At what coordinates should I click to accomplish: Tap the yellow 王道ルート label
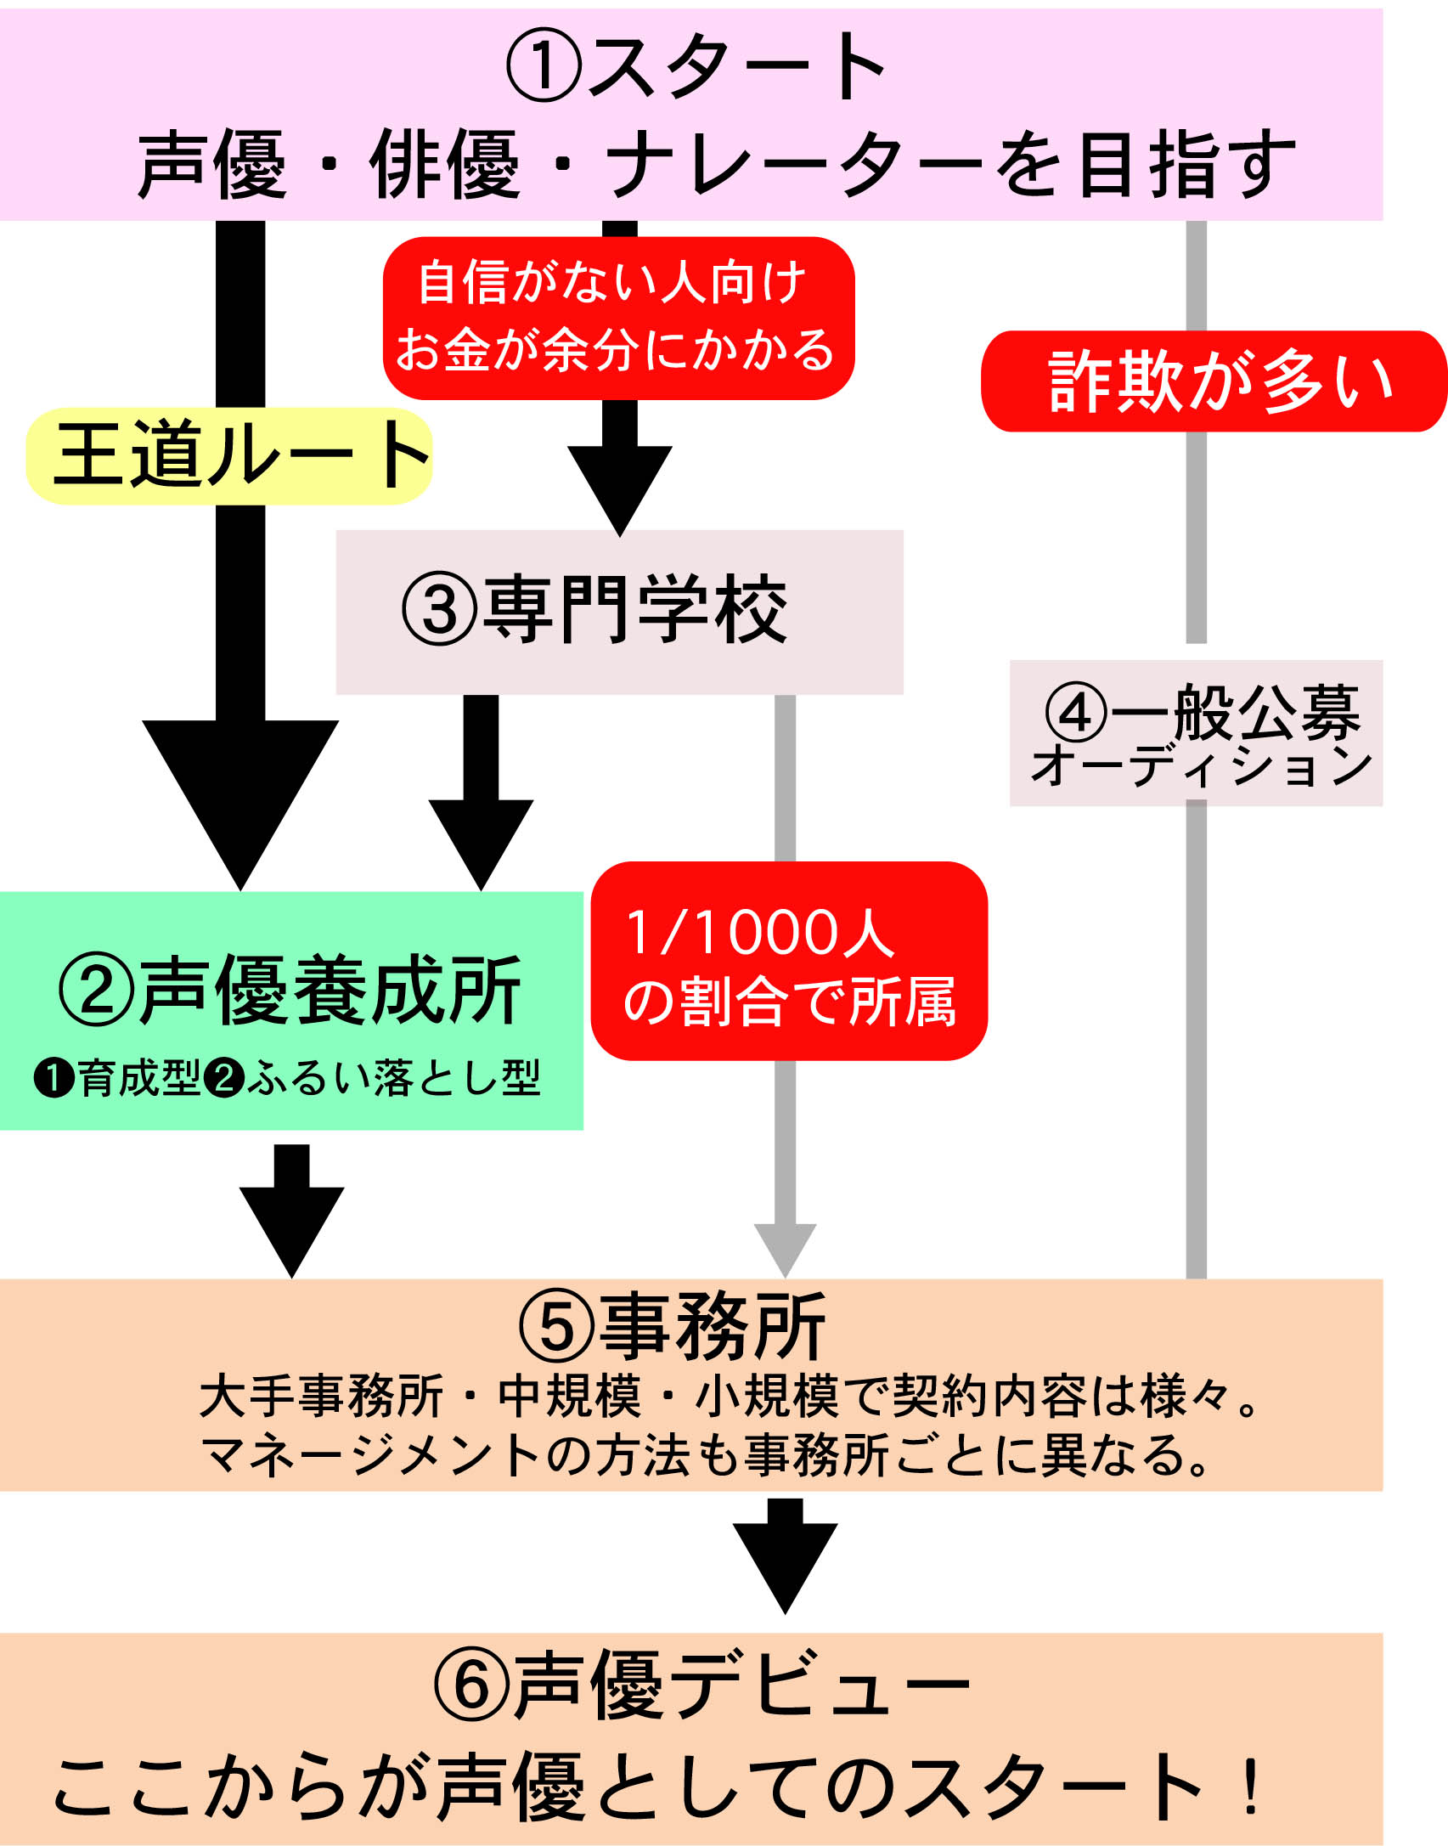[229, 456]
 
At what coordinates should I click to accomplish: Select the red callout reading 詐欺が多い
[1214, 381]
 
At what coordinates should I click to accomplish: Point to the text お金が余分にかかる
[616, 350]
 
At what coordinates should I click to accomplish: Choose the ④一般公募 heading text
[1202, 712]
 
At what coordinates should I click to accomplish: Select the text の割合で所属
[790, 1002]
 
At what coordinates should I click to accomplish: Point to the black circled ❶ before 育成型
[55, 1078]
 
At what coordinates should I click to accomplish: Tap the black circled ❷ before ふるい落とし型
[225, 1078]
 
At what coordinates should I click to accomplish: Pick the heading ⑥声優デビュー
[701, 1686]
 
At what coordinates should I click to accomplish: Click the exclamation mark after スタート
[1250, 1787]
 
